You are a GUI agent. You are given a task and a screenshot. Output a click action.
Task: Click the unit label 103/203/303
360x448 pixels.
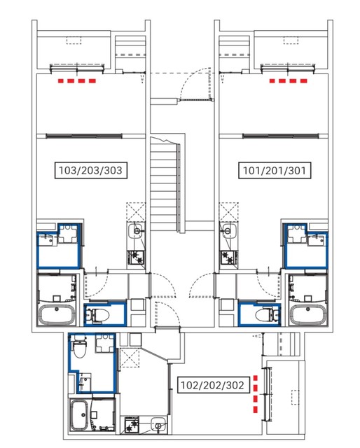point(90,171)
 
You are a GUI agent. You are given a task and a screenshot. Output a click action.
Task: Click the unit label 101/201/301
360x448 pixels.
point(275,171)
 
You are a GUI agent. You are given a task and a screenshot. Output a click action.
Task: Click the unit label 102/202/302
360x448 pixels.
point(213,385)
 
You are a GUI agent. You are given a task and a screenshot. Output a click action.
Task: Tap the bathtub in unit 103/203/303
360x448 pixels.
point(57,314)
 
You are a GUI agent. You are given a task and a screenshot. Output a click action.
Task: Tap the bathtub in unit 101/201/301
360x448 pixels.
point(307,314)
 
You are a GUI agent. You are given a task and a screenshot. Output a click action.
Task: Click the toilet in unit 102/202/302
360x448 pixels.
point(79,346)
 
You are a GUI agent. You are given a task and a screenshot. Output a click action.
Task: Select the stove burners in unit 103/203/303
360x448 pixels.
point(136,257)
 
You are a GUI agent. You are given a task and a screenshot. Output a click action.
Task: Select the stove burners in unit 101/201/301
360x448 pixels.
point(228,257)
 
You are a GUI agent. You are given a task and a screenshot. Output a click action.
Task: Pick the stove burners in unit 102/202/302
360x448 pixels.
point(132,425)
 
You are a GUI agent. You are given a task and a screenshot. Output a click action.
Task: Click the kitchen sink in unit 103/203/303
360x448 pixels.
point(137,230)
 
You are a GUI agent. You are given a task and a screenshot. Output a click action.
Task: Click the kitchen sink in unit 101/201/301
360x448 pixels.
point(228,230)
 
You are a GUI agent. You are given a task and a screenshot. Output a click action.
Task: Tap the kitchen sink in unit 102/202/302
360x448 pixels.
point(158,425)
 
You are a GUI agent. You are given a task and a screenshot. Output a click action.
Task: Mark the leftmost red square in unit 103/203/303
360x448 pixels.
point(61,81)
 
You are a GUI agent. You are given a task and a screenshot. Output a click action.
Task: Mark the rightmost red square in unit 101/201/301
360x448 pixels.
point(304,81)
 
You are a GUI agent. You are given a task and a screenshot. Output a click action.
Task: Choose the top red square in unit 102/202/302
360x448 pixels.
point(256,378)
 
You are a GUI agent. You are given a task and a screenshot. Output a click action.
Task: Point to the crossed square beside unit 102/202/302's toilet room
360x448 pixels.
point(130,358)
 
